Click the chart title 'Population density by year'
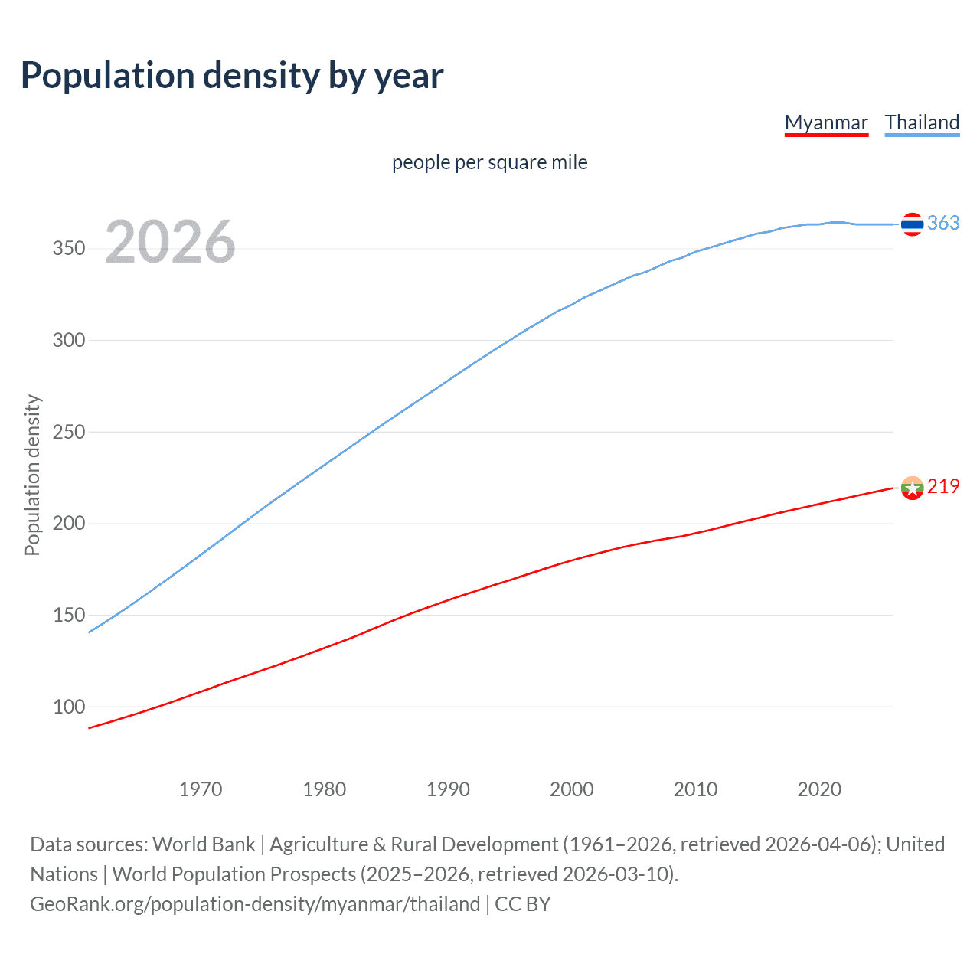click(x=232, y=76)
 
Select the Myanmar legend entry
click(x=826, y=122)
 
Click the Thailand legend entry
click(x=922, y=122)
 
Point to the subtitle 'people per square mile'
click(x=489, y=162)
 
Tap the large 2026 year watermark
click(x=170, y=242)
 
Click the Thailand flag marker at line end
click(x=912, y=224)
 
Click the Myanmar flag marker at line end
click(x=912, y=488)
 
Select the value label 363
click(x=943, y=223)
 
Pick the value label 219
click(x=943, y=486)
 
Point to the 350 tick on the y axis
click(x=68, y=249)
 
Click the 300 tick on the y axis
click(x=68, y=340)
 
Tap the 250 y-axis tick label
click(x=68, y=432)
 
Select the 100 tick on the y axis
click(x=68, y=707)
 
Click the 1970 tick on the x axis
click(x=201, y=789)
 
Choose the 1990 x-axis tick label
click(x=448, y=789)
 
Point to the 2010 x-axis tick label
click(x=695, y=789)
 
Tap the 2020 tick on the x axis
click(x=819, y=789)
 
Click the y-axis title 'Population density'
click(x=32, y=475)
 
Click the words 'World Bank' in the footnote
click(x=204, y=844)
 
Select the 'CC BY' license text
click(x=523, y=904)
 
